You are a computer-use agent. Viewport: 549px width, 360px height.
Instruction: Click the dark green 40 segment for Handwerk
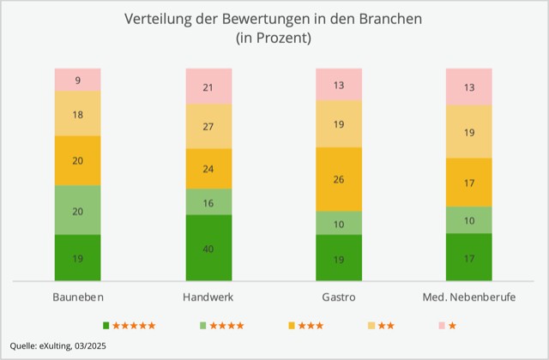click(x=208, y=248)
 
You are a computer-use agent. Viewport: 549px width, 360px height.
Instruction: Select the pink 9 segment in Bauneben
click(x=78, y=80)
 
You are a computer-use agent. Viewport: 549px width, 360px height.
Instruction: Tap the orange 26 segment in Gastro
click(x=339, y=179)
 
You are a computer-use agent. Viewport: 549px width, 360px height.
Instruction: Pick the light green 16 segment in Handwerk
click(x=208, y=201)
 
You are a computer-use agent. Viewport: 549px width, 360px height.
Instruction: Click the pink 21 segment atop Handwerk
click(x=208, y=87)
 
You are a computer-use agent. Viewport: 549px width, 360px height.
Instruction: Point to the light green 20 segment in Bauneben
click(x=78, y=210)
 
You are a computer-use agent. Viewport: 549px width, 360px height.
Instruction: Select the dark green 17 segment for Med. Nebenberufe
click(x=468, y=257)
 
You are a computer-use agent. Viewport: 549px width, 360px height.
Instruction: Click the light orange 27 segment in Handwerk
click(x=208, y=126)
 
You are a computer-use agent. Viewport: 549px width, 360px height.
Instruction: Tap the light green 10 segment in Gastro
click(x=339, y=223)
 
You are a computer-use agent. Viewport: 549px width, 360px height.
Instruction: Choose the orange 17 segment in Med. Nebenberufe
click(x=468, y=183)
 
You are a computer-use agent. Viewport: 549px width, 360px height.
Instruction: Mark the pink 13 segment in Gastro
click(x=339, y=84)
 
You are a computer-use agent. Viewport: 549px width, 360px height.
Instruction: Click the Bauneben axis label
click(x=78, y=297)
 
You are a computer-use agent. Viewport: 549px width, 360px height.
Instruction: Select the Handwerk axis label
click(x=208, y=297)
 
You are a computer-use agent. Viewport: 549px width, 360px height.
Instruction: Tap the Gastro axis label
click(x=339, y=297)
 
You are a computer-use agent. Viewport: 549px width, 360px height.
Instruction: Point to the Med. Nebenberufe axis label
click(x=468, y=297)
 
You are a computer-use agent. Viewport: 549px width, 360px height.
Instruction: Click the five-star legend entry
click(x=130, y=326)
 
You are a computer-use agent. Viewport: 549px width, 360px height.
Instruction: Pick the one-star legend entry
click(x=447, y=326)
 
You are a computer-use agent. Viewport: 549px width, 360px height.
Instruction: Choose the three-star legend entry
click(x=305, y=326)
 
